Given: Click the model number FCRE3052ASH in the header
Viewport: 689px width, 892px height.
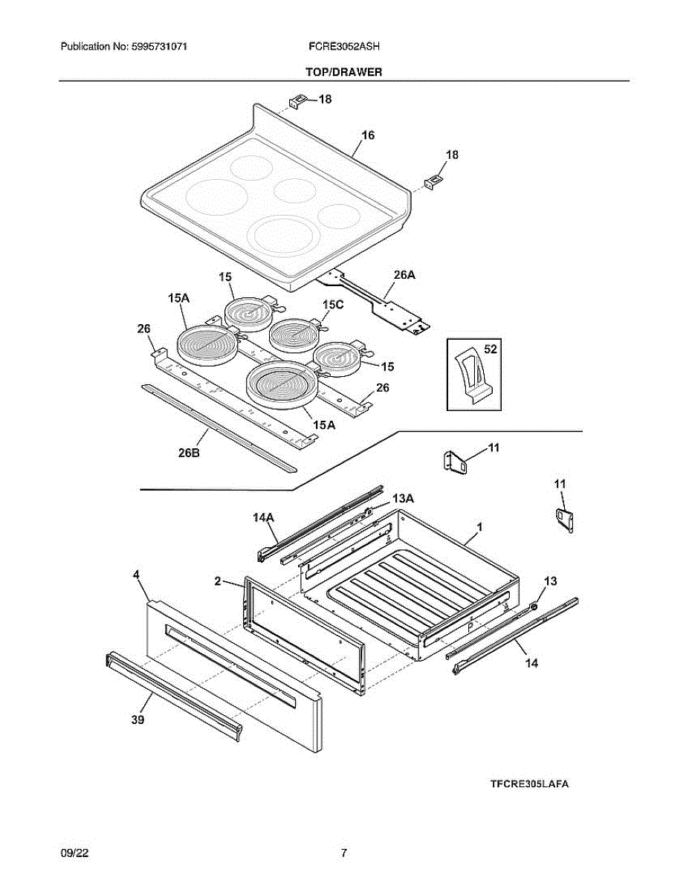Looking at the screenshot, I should (x=344, y=46).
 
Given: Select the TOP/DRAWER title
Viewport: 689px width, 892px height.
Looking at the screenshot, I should (x=344, y=72).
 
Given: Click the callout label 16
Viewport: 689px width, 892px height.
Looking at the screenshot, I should (x=368, y=135).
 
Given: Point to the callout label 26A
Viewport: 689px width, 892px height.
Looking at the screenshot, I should (x=404, y=275).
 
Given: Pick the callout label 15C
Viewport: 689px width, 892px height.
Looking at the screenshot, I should (x=333, y=305).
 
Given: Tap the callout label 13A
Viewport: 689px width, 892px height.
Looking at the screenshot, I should (x=403, y=498).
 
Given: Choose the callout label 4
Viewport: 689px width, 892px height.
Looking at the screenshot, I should (x=136, y=575).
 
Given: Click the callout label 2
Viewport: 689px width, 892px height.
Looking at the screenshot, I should (x=218, y=581).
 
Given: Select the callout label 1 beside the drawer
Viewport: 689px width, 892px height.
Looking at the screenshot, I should (x=480, y=526).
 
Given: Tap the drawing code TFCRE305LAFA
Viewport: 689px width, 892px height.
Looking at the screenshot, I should (x=529, y=784).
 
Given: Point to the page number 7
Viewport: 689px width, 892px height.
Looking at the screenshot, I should (x=343, y=853).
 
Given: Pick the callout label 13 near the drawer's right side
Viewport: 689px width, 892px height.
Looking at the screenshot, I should (x=550, y=581).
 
